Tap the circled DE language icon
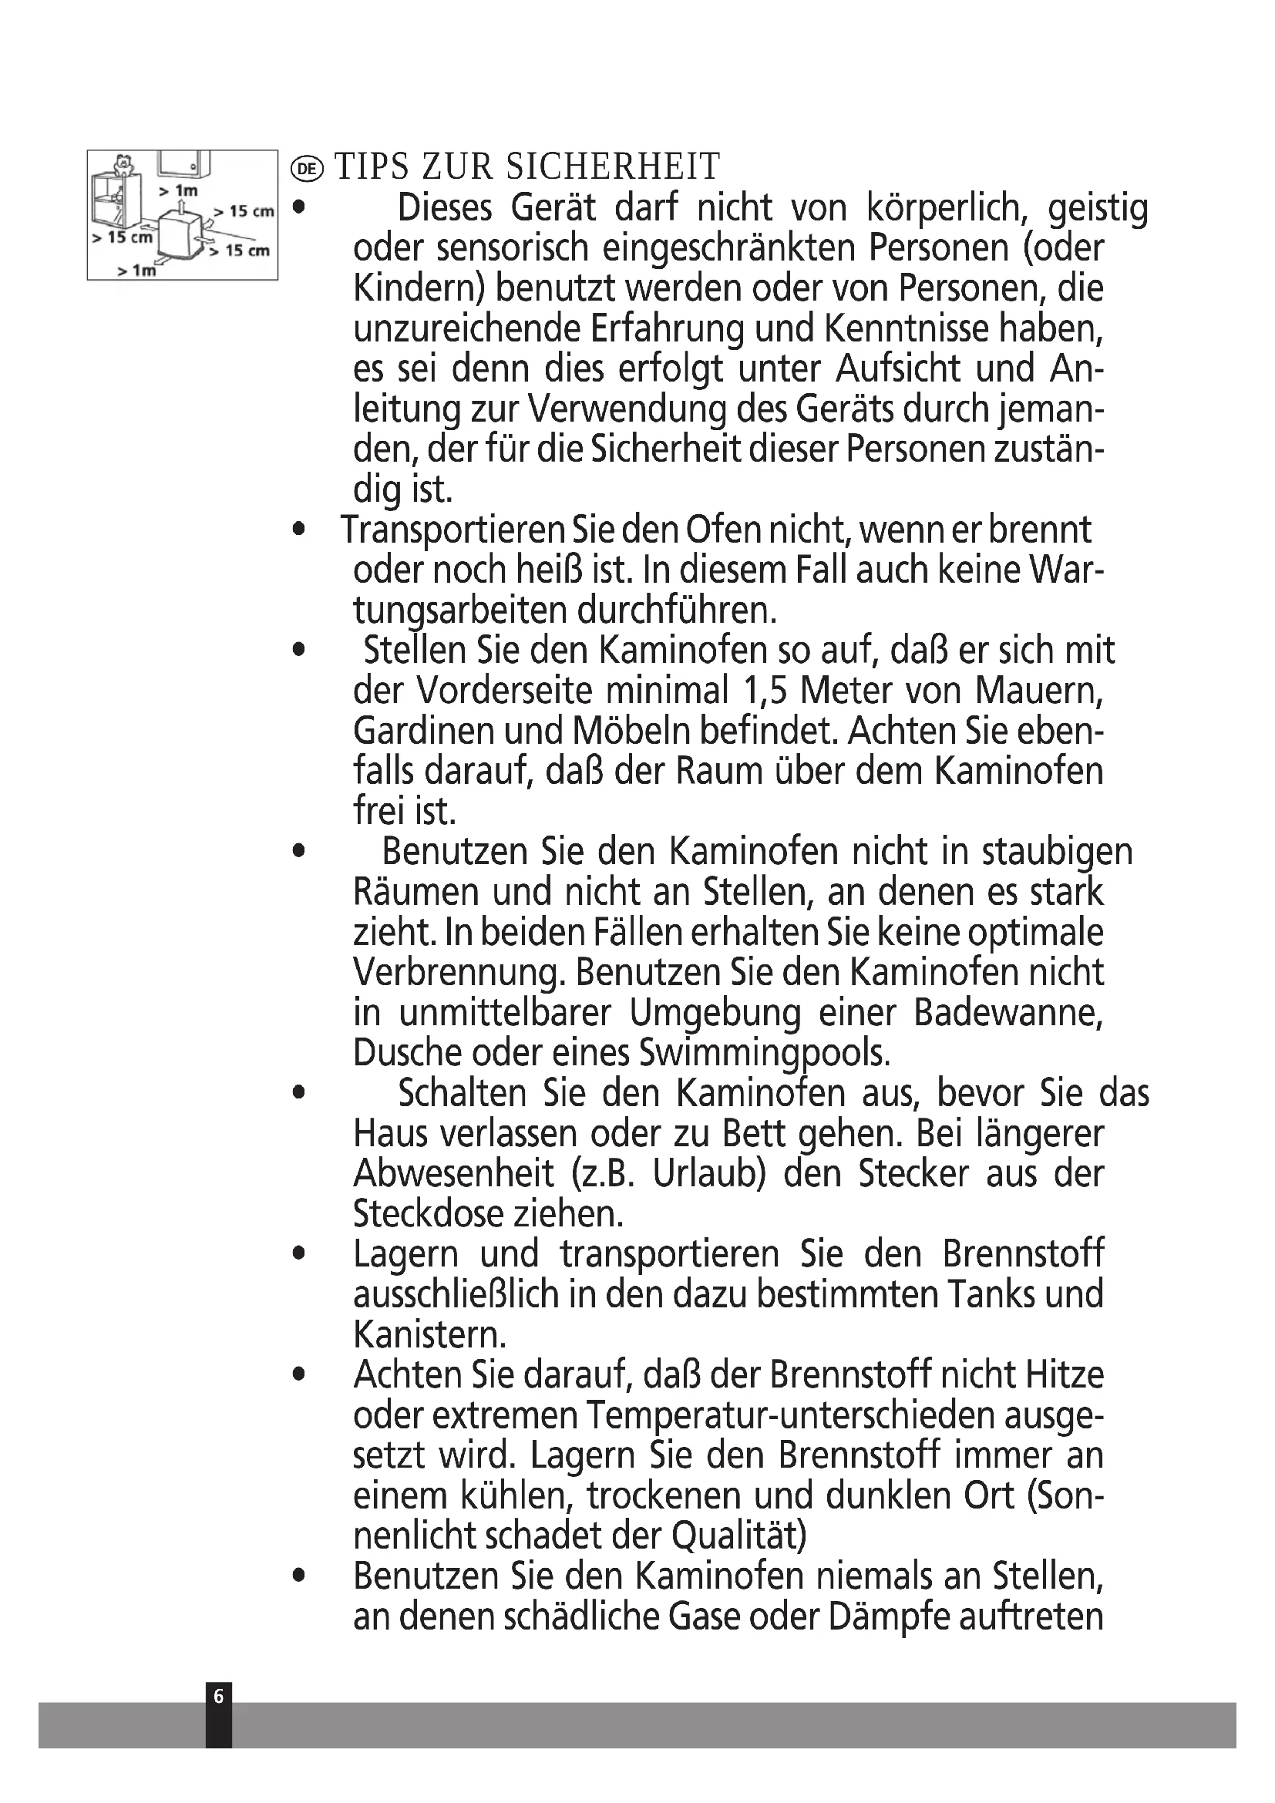tap(307, 168)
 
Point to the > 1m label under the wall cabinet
tap(178, 190)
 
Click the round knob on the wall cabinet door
tap(193, 168)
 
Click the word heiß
tap(549, 570)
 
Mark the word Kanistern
tap(429, 1335)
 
